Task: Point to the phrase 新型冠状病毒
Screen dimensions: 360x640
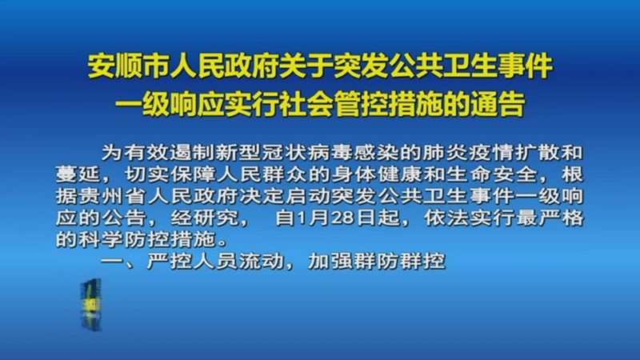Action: click(x=266, y=152)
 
